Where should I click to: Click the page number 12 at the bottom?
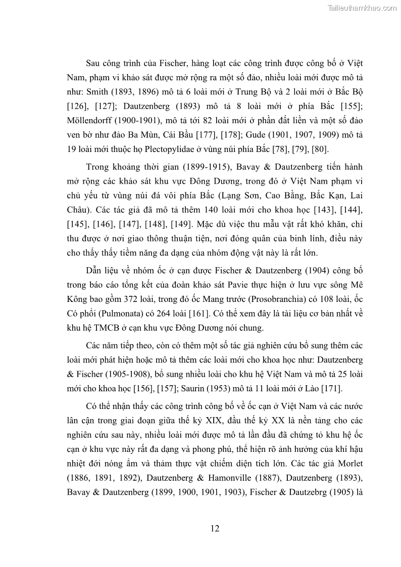215,529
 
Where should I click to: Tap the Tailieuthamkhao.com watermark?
363,8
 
